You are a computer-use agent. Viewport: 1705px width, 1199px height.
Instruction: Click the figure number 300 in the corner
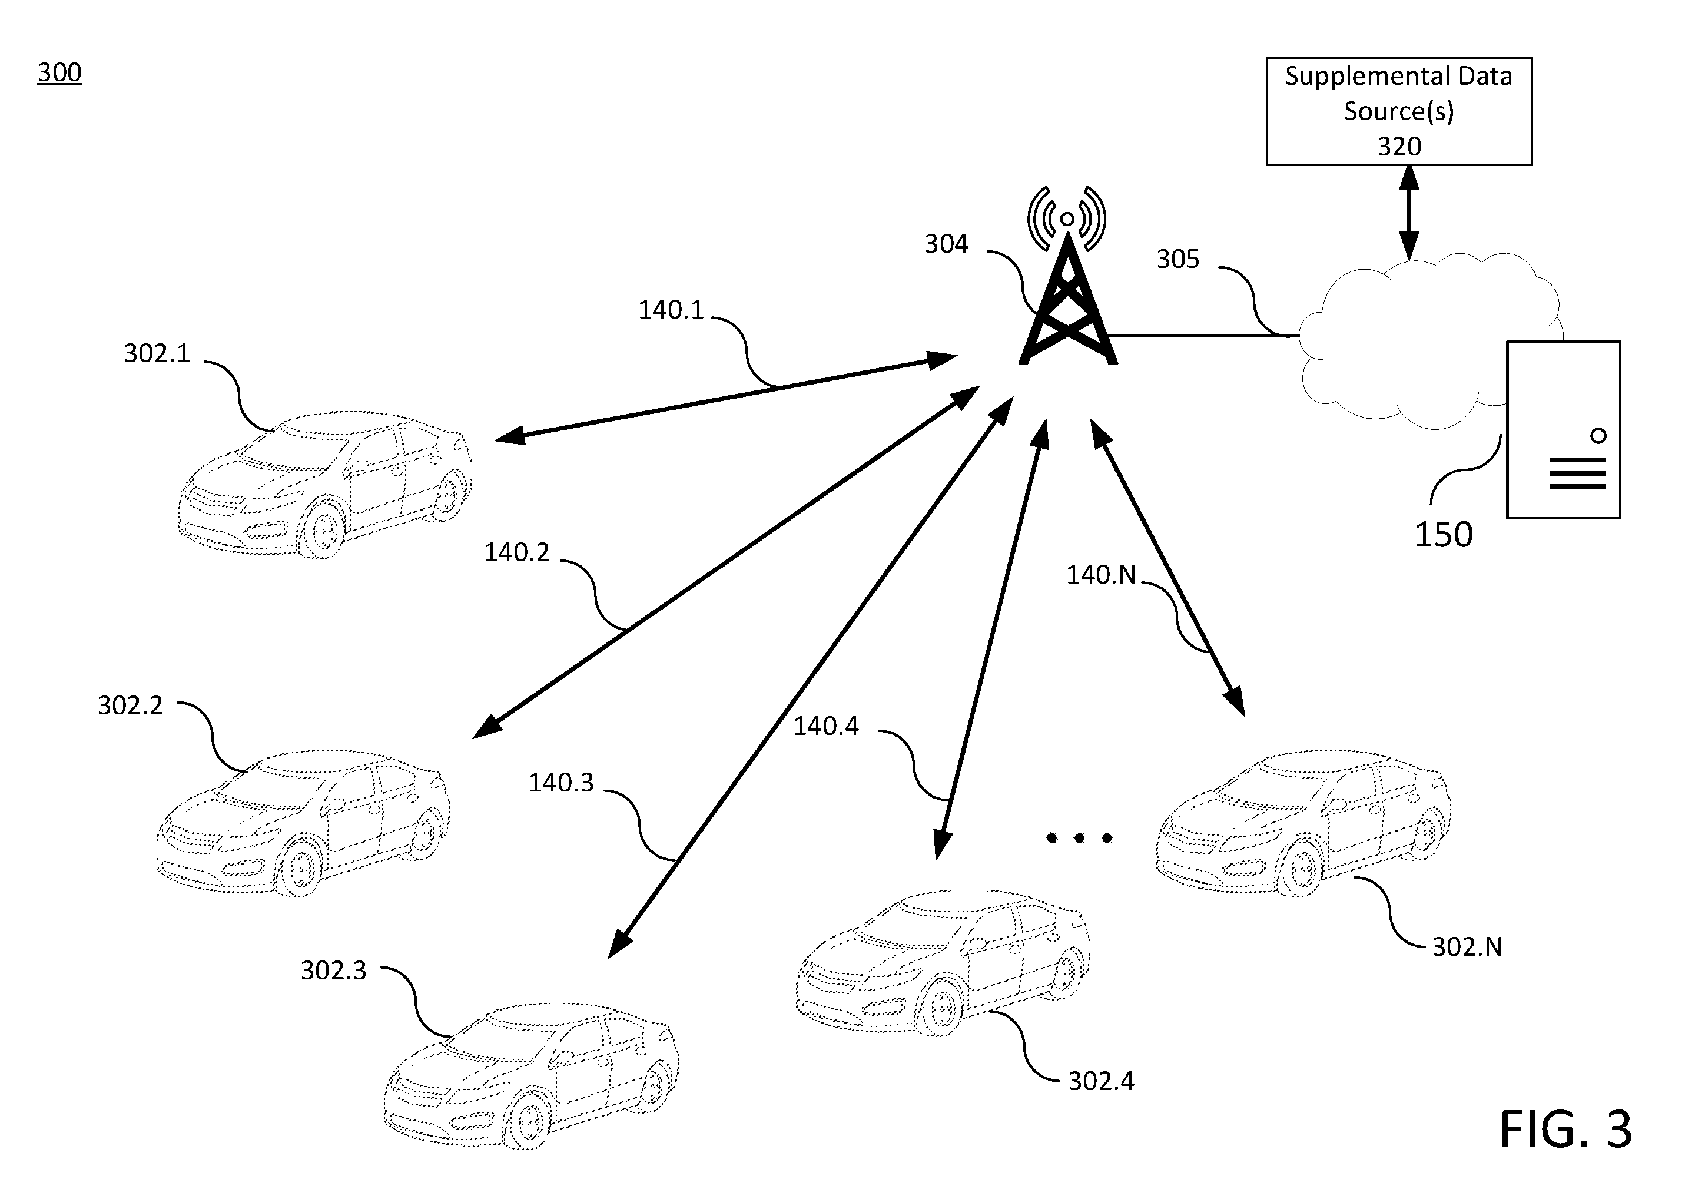point(59,73)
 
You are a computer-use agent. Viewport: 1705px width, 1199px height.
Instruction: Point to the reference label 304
point(946,244)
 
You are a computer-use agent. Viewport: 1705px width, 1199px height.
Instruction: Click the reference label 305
point(1177,259)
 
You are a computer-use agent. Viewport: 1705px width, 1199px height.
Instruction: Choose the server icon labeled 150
point(1563,429)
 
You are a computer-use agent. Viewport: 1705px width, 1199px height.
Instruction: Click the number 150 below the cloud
point(1443,535)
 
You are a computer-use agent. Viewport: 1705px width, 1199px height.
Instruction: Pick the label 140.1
point(671,310)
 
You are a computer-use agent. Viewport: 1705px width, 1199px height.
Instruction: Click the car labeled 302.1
point(325,483)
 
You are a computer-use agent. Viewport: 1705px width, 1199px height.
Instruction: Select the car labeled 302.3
point(531,1077)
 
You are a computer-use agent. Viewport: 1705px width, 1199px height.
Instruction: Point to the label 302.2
point(130,705)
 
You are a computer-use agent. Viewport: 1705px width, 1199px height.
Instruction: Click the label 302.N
point(1467,946)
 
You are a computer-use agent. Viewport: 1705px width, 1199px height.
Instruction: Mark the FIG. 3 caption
point(1565,1129)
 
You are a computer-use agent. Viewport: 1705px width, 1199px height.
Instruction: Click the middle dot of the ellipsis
point(1079,838)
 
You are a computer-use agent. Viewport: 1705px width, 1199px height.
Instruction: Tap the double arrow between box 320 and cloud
point(1409,213)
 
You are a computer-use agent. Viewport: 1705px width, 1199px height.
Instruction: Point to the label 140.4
point(826,726)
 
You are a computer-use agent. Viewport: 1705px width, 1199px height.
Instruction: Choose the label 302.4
point(1102,1081)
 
